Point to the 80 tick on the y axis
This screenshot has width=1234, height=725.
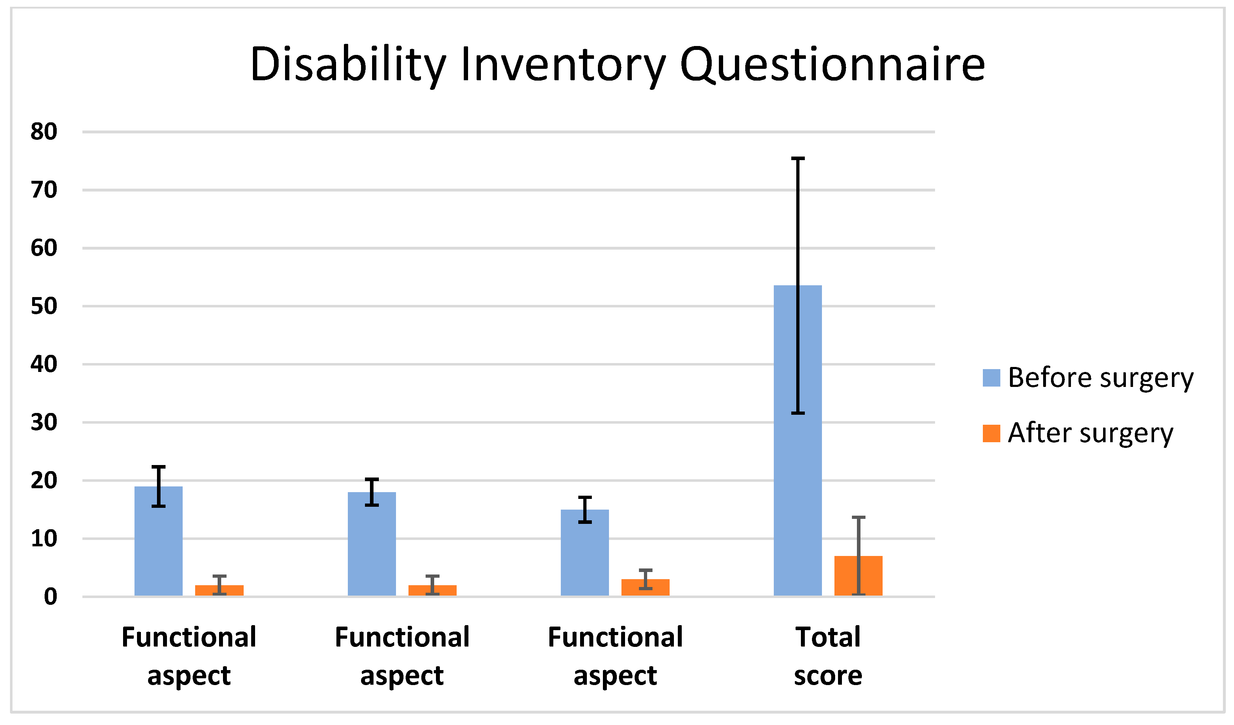[44, 132]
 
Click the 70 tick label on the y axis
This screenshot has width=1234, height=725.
[44, 190]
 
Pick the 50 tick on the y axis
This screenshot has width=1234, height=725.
[44, 306]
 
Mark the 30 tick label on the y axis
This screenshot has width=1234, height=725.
[44, 423]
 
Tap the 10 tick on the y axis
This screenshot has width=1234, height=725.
[44, 539]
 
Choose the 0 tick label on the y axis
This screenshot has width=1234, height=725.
[50, 597]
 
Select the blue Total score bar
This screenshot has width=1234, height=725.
[798, 440]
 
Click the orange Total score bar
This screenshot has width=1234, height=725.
[858, 576]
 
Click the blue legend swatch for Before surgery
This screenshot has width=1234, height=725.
[992, 378]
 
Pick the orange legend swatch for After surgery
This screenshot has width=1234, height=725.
[992, 434]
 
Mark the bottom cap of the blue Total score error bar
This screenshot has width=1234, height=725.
[798, 413]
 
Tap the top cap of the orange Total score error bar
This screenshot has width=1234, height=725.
[858, 517]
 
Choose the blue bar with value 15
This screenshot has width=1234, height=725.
[585, 553]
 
